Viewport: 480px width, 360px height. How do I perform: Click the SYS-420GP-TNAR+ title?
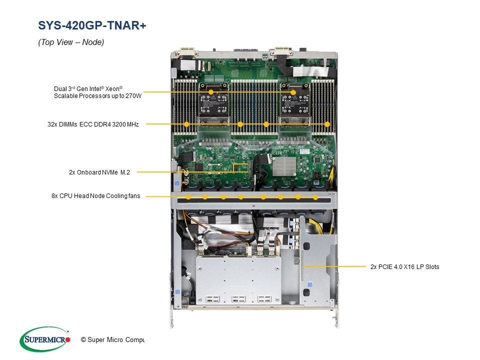pos(92,25)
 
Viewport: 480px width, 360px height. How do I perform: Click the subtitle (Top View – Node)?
pos(71,42)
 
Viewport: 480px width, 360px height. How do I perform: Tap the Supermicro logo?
pos(45,339)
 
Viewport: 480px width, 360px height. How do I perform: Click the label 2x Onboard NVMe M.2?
pos(99,172)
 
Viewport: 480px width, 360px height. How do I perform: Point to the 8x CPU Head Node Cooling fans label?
pos(96,196)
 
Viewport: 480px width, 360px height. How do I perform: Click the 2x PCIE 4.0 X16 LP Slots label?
pos(404,267)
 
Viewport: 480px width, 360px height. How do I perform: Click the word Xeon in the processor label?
pos(112,89)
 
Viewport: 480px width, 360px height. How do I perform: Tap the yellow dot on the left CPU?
pos(211,92)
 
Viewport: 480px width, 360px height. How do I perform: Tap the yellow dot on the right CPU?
pos(293,92)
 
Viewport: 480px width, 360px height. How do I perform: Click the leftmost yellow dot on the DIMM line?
pos(186,124)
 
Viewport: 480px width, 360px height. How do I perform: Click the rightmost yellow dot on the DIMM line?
pos(327,124)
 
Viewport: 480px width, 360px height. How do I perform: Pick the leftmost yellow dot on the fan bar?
pos(188,197)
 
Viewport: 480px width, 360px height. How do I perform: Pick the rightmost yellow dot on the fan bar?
pos(315,198)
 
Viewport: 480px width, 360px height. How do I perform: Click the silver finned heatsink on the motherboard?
pos(284,166)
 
